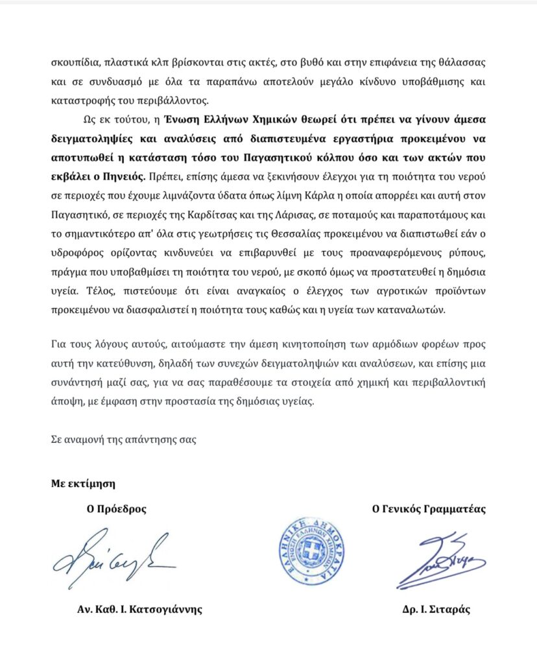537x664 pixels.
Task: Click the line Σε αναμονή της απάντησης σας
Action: [x=123, y=439]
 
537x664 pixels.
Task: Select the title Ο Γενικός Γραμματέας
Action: [x=429, y=509]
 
